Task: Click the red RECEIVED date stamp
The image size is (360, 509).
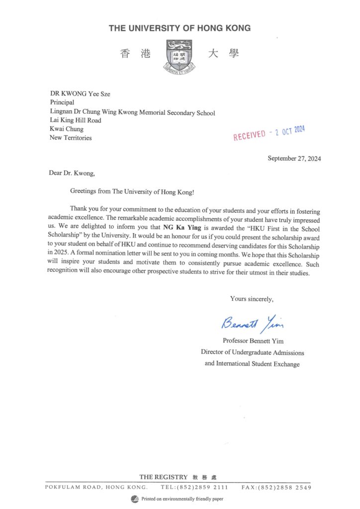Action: (270, 133)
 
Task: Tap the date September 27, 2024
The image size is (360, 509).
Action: (294, 159)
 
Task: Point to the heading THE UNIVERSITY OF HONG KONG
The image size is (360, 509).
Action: (180, 28)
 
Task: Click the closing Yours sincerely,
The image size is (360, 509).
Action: (252, 299)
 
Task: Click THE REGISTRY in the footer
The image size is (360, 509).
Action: (164, 477)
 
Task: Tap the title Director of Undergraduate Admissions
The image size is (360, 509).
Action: (252, 352)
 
